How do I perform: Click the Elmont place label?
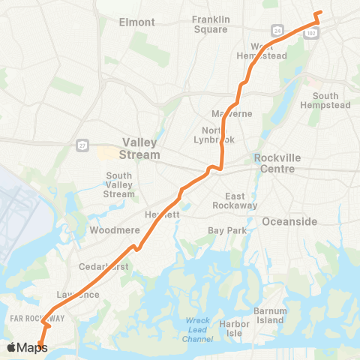pyautogui.click(x=136, y=22)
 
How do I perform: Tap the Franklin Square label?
pyautogui.click(x=210, y=24)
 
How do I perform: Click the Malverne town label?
pyautogui.click(x=233, y=114)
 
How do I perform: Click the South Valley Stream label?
pyautogui.click(x=119, y=185)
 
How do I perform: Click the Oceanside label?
pyautogui.click(x=289, y=221)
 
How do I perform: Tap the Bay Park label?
pyautogui.click(x=226, y=230)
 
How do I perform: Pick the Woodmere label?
pyautogui.click(x=110, y=230)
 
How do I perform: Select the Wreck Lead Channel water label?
pyautogui.click(x=199, y=330)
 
